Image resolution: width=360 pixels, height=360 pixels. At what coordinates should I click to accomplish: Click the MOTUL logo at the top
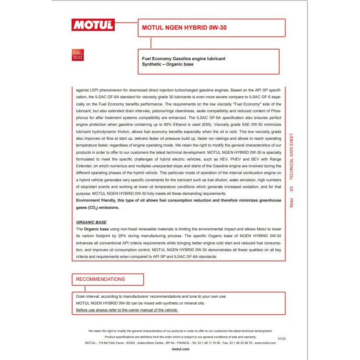tap(93, 25)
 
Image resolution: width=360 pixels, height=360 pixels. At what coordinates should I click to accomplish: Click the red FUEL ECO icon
tap(78, 55)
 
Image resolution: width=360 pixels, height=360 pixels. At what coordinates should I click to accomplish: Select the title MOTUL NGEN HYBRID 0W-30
tap(178, 28)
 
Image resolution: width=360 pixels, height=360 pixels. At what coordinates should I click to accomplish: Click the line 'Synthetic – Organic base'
tap(168, 64)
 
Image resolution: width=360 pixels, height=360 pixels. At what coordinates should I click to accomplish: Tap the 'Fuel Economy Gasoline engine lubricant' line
tap(183, 58)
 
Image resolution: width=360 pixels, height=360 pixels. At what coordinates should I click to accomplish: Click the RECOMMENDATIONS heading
tap(100, 279)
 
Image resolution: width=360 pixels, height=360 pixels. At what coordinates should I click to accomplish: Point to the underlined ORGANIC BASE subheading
tap(91, 222)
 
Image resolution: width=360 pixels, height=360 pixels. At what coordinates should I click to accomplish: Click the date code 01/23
tap(282, 338)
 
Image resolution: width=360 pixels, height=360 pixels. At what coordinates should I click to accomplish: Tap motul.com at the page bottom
tap(180, 349)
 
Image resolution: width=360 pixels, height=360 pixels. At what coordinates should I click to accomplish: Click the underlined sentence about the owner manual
tap(127, 310)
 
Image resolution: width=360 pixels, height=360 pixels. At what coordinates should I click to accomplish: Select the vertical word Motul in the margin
tap(291, 202)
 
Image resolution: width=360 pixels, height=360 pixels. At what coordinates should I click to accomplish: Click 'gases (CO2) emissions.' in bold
tap(97, 208)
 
